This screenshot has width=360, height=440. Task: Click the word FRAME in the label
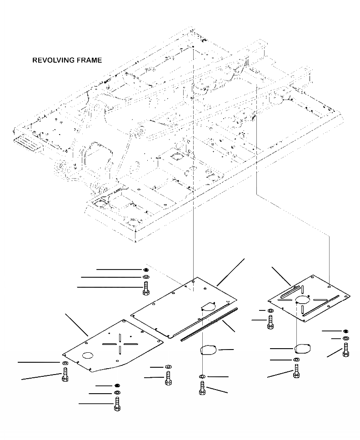click(89, 60)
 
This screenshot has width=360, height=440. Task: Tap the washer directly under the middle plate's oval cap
click(202, 376)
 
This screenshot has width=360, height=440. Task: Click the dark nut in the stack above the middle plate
click(145, 270)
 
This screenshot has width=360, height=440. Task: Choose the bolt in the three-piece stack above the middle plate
click(145, 289)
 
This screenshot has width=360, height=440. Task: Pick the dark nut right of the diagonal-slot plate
click(346, 331)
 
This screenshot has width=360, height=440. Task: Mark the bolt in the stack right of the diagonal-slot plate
click(346, 350)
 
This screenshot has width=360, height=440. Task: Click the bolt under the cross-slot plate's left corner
click(64, 375)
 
